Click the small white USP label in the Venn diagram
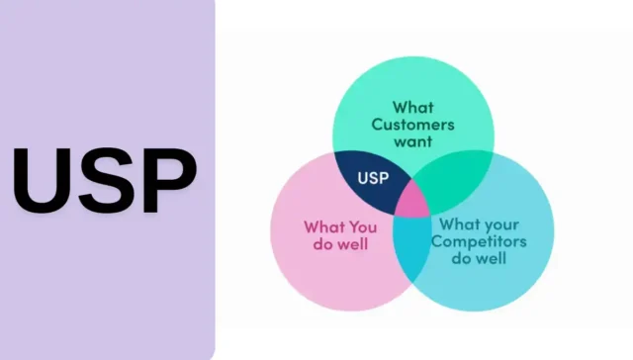click(x=372, y=179)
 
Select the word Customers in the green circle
click(x=412, y=125)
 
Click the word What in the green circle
click(x=412, y=107)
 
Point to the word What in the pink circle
click(x=325, y=225)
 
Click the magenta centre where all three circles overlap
click(x=411, y=201)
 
